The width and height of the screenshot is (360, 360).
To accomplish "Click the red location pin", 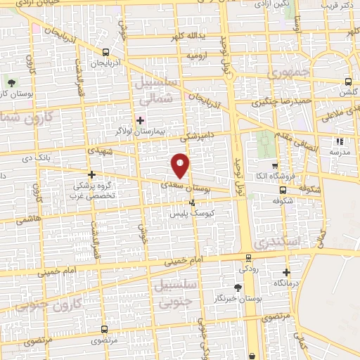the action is click(x=181, y=165).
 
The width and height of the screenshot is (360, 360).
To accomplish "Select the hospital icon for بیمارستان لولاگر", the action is click(x=139, y=120).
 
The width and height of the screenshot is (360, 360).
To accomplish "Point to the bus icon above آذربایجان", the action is click(x=105, y=51).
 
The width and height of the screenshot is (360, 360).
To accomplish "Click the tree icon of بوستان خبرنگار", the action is click(x=237, y=288).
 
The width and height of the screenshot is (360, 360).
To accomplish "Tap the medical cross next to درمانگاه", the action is click(x=286, y=272).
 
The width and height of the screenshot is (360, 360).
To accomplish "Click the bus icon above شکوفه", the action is click(x=283, y=189).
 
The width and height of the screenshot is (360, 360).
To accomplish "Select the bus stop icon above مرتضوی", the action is click(x=105, y=329).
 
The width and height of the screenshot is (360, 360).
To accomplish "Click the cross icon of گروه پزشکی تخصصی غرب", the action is click(x=91, y=174).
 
